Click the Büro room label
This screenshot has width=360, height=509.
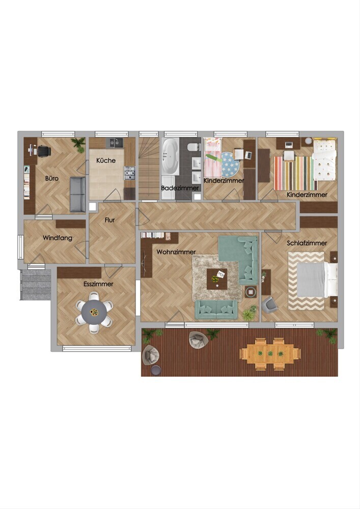pos(52,178)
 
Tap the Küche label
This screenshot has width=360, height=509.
pos(106,160)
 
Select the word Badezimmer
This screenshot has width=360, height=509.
pos(180,188)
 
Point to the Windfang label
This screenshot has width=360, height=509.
pos(58,238)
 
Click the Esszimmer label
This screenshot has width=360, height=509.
pos(98,284)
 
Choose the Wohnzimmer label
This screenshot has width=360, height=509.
pos(176,252)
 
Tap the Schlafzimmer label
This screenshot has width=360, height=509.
pos(307,243)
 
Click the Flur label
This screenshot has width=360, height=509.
pos(109,220)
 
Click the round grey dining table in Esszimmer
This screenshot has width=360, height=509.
pos(94,312)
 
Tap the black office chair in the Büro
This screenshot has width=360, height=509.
pos(44,151)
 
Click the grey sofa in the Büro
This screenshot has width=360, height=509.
pos(78,194)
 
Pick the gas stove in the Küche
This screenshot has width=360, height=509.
pos(129,173)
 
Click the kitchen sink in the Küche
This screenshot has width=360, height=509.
pos(116,143)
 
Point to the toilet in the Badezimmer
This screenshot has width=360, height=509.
pos(194,147)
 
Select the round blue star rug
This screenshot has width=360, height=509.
pos(230,164)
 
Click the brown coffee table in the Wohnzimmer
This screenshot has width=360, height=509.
pos(217,279)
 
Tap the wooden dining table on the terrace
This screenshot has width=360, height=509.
pos(270,354)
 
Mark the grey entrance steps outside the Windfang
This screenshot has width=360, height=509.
pos(36,285)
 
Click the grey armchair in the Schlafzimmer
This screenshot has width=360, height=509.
pos(269,305)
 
